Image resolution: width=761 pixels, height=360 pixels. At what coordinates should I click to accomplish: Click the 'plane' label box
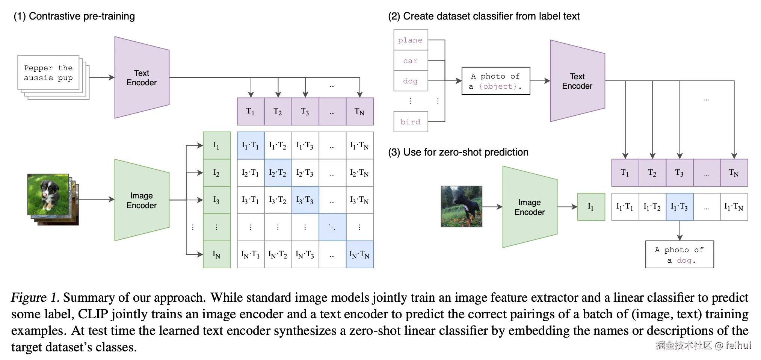pos(411,40)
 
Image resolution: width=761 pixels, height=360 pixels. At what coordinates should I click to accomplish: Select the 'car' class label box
pos(411,61)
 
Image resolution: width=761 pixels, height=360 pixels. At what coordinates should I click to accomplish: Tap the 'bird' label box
pos(411,122)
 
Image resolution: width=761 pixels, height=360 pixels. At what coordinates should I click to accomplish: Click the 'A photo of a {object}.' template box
pos(495,81)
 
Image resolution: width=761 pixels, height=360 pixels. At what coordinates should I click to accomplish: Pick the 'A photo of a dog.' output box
pos(679,255)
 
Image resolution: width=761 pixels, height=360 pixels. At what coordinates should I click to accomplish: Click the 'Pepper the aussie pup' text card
pos(48,73)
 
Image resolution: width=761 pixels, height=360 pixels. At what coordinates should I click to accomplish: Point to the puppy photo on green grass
pos(48,194)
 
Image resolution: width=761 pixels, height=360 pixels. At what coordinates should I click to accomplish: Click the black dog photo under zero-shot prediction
pos(461,206)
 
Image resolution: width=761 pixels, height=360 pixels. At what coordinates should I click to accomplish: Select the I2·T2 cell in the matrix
pos(278,173)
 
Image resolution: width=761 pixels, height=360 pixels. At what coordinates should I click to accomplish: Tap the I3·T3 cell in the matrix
pos(305,200)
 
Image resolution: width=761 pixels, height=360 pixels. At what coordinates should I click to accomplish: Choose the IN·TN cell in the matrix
pos(359,254)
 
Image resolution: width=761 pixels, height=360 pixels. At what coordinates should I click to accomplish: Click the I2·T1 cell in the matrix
pos(251,173)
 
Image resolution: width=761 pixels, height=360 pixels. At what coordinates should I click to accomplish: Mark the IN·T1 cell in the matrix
pos(251,254)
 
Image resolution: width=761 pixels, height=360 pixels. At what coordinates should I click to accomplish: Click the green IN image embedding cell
pos(217,254)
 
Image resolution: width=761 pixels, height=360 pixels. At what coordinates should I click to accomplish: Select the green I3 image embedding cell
pos(217,200)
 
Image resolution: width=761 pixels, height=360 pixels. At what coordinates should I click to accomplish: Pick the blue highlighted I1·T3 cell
pos(679,207)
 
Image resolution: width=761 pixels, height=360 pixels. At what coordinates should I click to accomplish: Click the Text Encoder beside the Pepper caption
pos(142,78)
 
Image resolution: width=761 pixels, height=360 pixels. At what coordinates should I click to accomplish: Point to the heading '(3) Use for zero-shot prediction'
pos(458,152)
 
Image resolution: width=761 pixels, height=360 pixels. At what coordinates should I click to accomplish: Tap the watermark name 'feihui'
pos(738,345)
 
